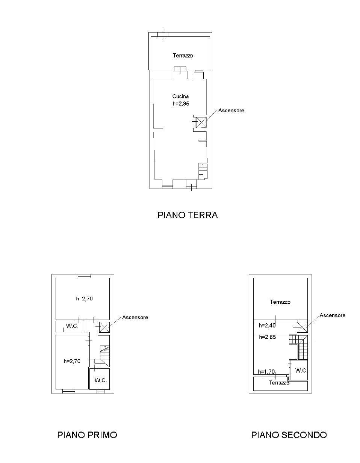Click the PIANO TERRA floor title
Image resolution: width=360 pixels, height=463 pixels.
[188, 215]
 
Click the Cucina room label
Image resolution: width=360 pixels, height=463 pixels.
[180, 96]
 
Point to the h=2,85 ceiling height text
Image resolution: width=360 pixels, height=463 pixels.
[181, 104]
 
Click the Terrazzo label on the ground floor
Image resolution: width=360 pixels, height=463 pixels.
[183, 56]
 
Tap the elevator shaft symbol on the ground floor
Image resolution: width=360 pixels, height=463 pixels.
[201, 122]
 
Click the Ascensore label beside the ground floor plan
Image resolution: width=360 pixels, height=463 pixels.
[231, 110]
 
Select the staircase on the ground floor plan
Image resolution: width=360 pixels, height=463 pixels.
[203, 170]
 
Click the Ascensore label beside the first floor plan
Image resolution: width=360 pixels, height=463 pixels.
[135, 317]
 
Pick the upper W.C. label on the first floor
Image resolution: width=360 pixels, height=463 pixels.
[72, 326]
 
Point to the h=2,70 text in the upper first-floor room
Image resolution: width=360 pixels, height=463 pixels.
[85, 299]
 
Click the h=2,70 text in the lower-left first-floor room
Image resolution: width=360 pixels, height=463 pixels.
[72, 361]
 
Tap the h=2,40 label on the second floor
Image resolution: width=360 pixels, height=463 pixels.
[267, 326]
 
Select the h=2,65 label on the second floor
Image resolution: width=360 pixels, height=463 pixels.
[268, 337]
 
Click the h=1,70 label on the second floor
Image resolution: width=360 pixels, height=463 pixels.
[266, 372]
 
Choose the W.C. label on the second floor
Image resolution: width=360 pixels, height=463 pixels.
[301, 371]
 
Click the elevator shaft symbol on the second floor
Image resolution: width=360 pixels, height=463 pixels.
[302, 327]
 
